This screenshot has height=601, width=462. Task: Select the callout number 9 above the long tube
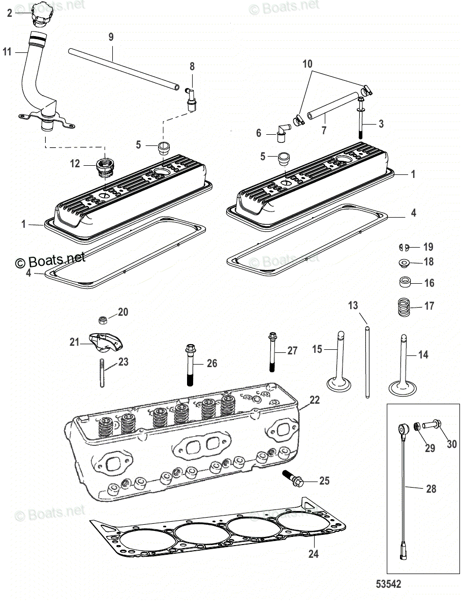pos(111,37)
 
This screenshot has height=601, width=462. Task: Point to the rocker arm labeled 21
pos(104,342)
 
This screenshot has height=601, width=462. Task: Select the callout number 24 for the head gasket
pos(314,553)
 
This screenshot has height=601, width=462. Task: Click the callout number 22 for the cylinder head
pos(315,400)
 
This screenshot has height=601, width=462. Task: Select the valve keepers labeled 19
pos(405,247)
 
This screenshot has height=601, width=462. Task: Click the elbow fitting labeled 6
pos(281,133)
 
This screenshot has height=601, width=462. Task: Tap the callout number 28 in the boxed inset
pos(430,489)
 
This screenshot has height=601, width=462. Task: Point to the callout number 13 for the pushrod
pos(353,306)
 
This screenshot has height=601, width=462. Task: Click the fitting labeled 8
pos(191,98)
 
